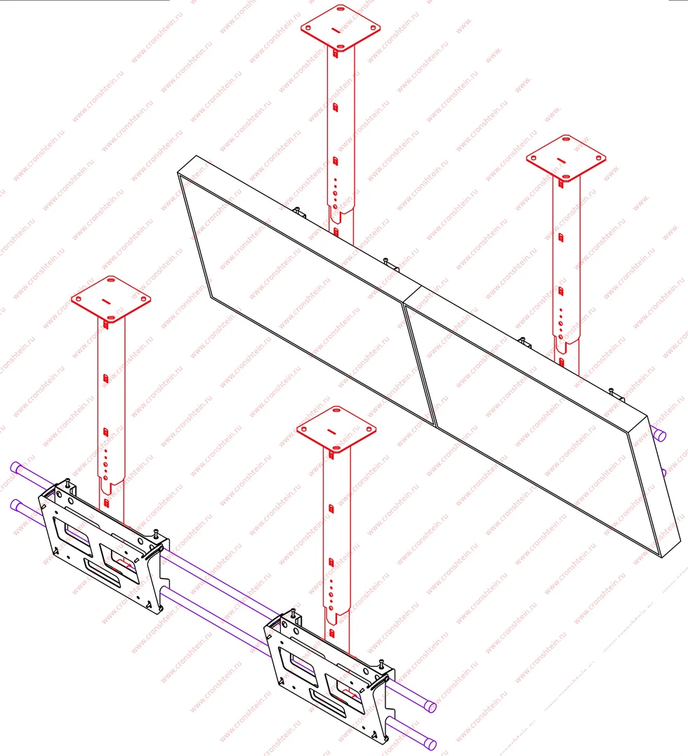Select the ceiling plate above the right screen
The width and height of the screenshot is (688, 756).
(566, 158)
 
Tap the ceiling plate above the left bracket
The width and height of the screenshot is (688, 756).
(111, 299)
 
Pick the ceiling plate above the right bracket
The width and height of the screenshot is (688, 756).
(336, 430)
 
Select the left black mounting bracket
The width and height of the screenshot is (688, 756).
(104, 548)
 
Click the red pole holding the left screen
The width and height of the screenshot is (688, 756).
(340, 145)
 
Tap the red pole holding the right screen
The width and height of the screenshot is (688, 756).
(566, 275)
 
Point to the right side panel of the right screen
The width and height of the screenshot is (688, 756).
(654, 487)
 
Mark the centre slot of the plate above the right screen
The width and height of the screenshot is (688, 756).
(561, 159)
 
